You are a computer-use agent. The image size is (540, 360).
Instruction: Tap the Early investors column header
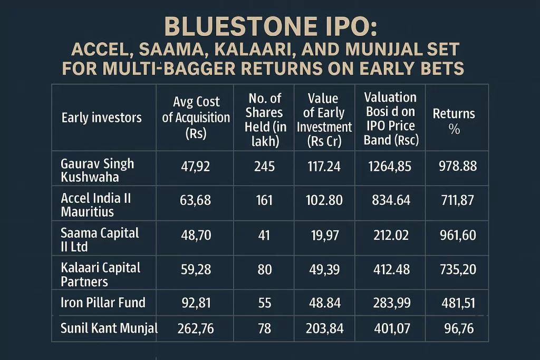(101, 117)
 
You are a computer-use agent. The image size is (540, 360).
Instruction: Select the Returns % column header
(454, 121)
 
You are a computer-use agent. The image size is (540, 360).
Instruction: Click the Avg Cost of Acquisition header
(196, 117)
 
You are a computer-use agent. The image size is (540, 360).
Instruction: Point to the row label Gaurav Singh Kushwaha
(97, 170)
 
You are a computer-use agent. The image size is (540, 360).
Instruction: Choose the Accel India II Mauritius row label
(95, 205)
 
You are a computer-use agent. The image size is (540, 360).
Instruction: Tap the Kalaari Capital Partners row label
(100, 274)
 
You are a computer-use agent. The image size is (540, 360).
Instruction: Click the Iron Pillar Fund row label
(103, 303)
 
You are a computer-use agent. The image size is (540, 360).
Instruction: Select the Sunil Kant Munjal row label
(109, 329)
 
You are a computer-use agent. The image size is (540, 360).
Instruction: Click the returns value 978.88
(457, 167)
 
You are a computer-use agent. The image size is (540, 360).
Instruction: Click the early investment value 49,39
(324, 270)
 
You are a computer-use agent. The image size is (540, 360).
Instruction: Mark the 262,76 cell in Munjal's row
(196, 329)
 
